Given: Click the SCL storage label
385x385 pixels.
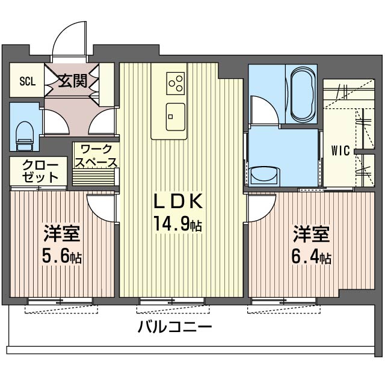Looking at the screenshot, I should tap(26, 81).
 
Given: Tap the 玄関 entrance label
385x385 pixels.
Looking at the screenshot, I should tap(72, 81).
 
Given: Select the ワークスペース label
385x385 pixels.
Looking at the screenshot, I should tap(95, 155).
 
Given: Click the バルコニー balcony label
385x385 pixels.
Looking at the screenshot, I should tap(174, 328).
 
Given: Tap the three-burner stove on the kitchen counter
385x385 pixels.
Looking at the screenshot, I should tap(176, 83).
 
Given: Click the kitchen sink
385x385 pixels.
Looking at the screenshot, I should tap(176, 112).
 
